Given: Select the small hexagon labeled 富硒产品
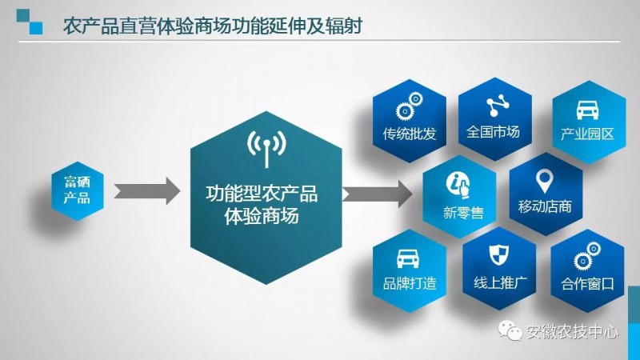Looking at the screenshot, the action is [78, 190].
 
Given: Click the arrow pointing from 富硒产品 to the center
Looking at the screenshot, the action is [146, 191].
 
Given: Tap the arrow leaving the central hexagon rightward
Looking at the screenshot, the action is [377, 194].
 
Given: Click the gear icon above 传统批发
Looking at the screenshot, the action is [409, 106].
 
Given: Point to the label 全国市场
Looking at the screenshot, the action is [493, 132].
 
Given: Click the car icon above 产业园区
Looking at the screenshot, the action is [587, 110].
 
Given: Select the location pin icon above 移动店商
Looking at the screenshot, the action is [544, 181].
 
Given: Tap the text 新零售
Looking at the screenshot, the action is [463, 213].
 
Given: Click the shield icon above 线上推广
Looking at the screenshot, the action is [498, 254].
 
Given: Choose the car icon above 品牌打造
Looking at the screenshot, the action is [408, 258].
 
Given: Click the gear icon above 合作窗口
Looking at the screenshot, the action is [587, 256].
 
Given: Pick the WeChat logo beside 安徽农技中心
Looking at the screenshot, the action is [510, 330].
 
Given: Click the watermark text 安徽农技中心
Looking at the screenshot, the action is [572, 331].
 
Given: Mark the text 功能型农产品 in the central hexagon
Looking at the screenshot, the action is [262, 194].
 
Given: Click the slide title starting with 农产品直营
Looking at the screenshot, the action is [213, 26].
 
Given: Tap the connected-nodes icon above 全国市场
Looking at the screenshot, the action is [498, 106].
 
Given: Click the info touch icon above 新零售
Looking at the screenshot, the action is [458, 185].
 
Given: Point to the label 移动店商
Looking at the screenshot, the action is [545, 206].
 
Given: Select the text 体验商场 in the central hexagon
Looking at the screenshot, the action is [262, 215].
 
